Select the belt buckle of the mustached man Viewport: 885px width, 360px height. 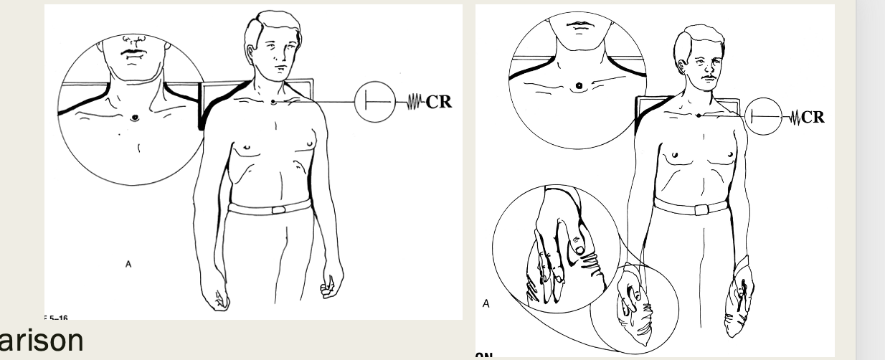click(699, 209)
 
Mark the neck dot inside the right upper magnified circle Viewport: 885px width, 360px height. click(579, 87)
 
